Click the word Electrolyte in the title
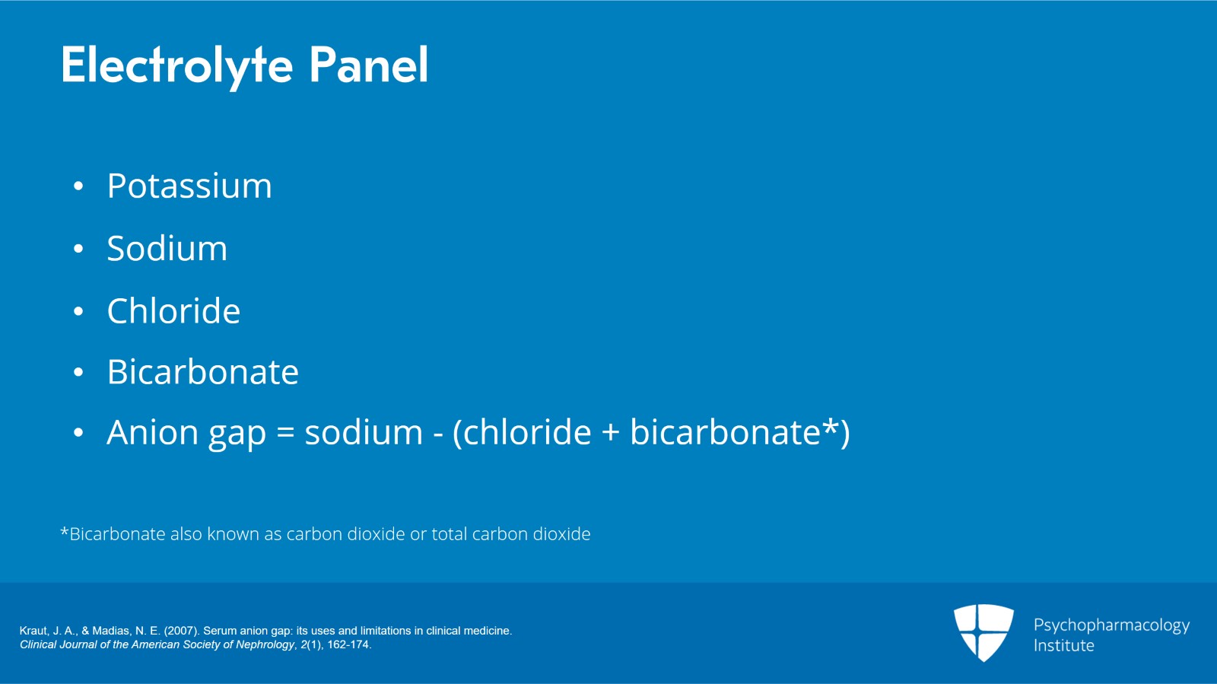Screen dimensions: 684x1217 tap(176, 65)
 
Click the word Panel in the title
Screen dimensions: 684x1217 tap(368, 65)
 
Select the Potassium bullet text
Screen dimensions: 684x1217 tap(189, 186)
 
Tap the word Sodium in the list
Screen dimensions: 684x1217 tap(167, 249)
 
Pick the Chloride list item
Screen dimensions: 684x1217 tap(173, 311)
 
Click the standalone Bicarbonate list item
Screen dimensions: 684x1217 tap(202, 372)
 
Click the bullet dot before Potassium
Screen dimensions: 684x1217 tap(78, 187)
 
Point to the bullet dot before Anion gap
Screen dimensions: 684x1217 tap(78, 434)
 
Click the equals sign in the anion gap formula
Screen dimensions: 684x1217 tap(285, 434)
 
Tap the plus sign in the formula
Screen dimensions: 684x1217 tap(610, 434)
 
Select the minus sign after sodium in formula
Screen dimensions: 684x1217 tap(437, 435)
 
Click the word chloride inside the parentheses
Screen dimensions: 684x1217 tap(527, 432)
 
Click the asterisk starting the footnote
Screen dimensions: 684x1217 tap(64, 531)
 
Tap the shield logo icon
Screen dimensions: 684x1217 tap(983, 632)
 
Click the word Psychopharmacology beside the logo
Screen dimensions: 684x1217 tap(1111, 625)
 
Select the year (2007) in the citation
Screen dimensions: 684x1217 tap(181, 631)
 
